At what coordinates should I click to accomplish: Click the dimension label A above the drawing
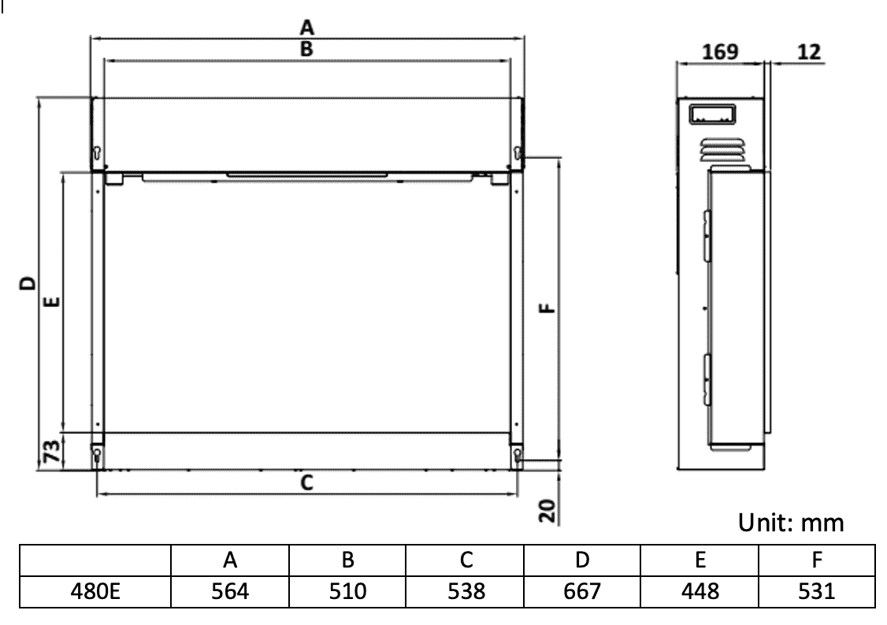(307, 27)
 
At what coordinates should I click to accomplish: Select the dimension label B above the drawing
(307, 49)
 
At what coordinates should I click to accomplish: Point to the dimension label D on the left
(28, 283)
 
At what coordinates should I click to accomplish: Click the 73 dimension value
(49, 453)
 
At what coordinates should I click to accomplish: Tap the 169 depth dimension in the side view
(720, 52)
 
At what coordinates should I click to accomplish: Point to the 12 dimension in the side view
(807, 52)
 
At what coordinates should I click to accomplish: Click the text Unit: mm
(791, 523)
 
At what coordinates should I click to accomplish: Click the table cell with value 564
(230, 591)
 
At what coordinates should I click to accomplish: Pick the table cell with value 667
(582, 591)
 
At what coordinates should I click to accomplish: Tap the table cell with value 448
(699, 591)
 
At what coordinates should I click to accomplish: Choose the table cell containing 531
(816, 591)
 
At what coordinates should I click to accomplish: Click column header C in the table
(465, 560)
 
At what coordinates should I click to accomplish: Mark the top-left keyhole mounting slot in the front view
(97, 153)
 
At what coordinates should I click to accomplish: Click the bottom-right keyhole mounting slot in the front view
(518, 454)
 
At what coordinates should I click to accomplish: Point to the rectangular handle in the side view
(713, 115)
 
